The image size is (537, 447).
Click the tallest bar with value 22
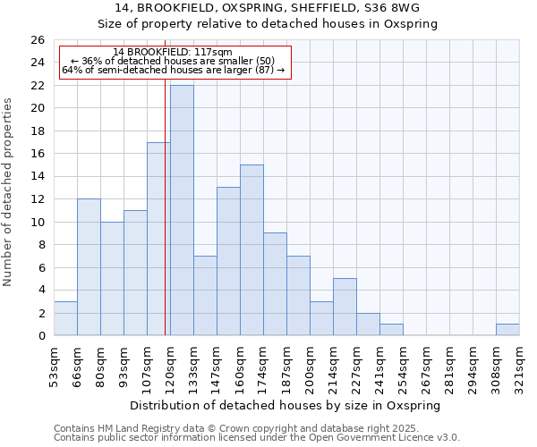(182, 210)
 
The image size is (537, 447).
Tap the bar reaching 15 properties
(251, 250)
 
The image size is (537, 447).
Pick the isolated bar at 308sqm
(507, 330)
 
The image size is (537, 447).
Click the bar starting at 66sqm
(89, 267)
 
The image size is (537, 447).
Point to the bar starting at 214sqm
(345, 307)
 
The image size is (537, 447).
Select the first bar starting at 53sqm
(65, 318)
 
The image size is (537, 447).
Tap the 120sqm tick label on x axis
(170, 364)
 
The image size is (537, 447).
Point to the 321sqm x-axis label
(519, 364)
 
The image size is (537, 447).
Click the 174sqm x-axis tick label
(263, 364)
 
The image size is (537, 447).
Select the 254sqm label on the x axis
(403, 364)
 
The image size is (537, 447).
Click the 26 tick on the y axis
(38, 40)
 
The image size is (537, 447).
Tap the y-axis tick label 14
(38, 177)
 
